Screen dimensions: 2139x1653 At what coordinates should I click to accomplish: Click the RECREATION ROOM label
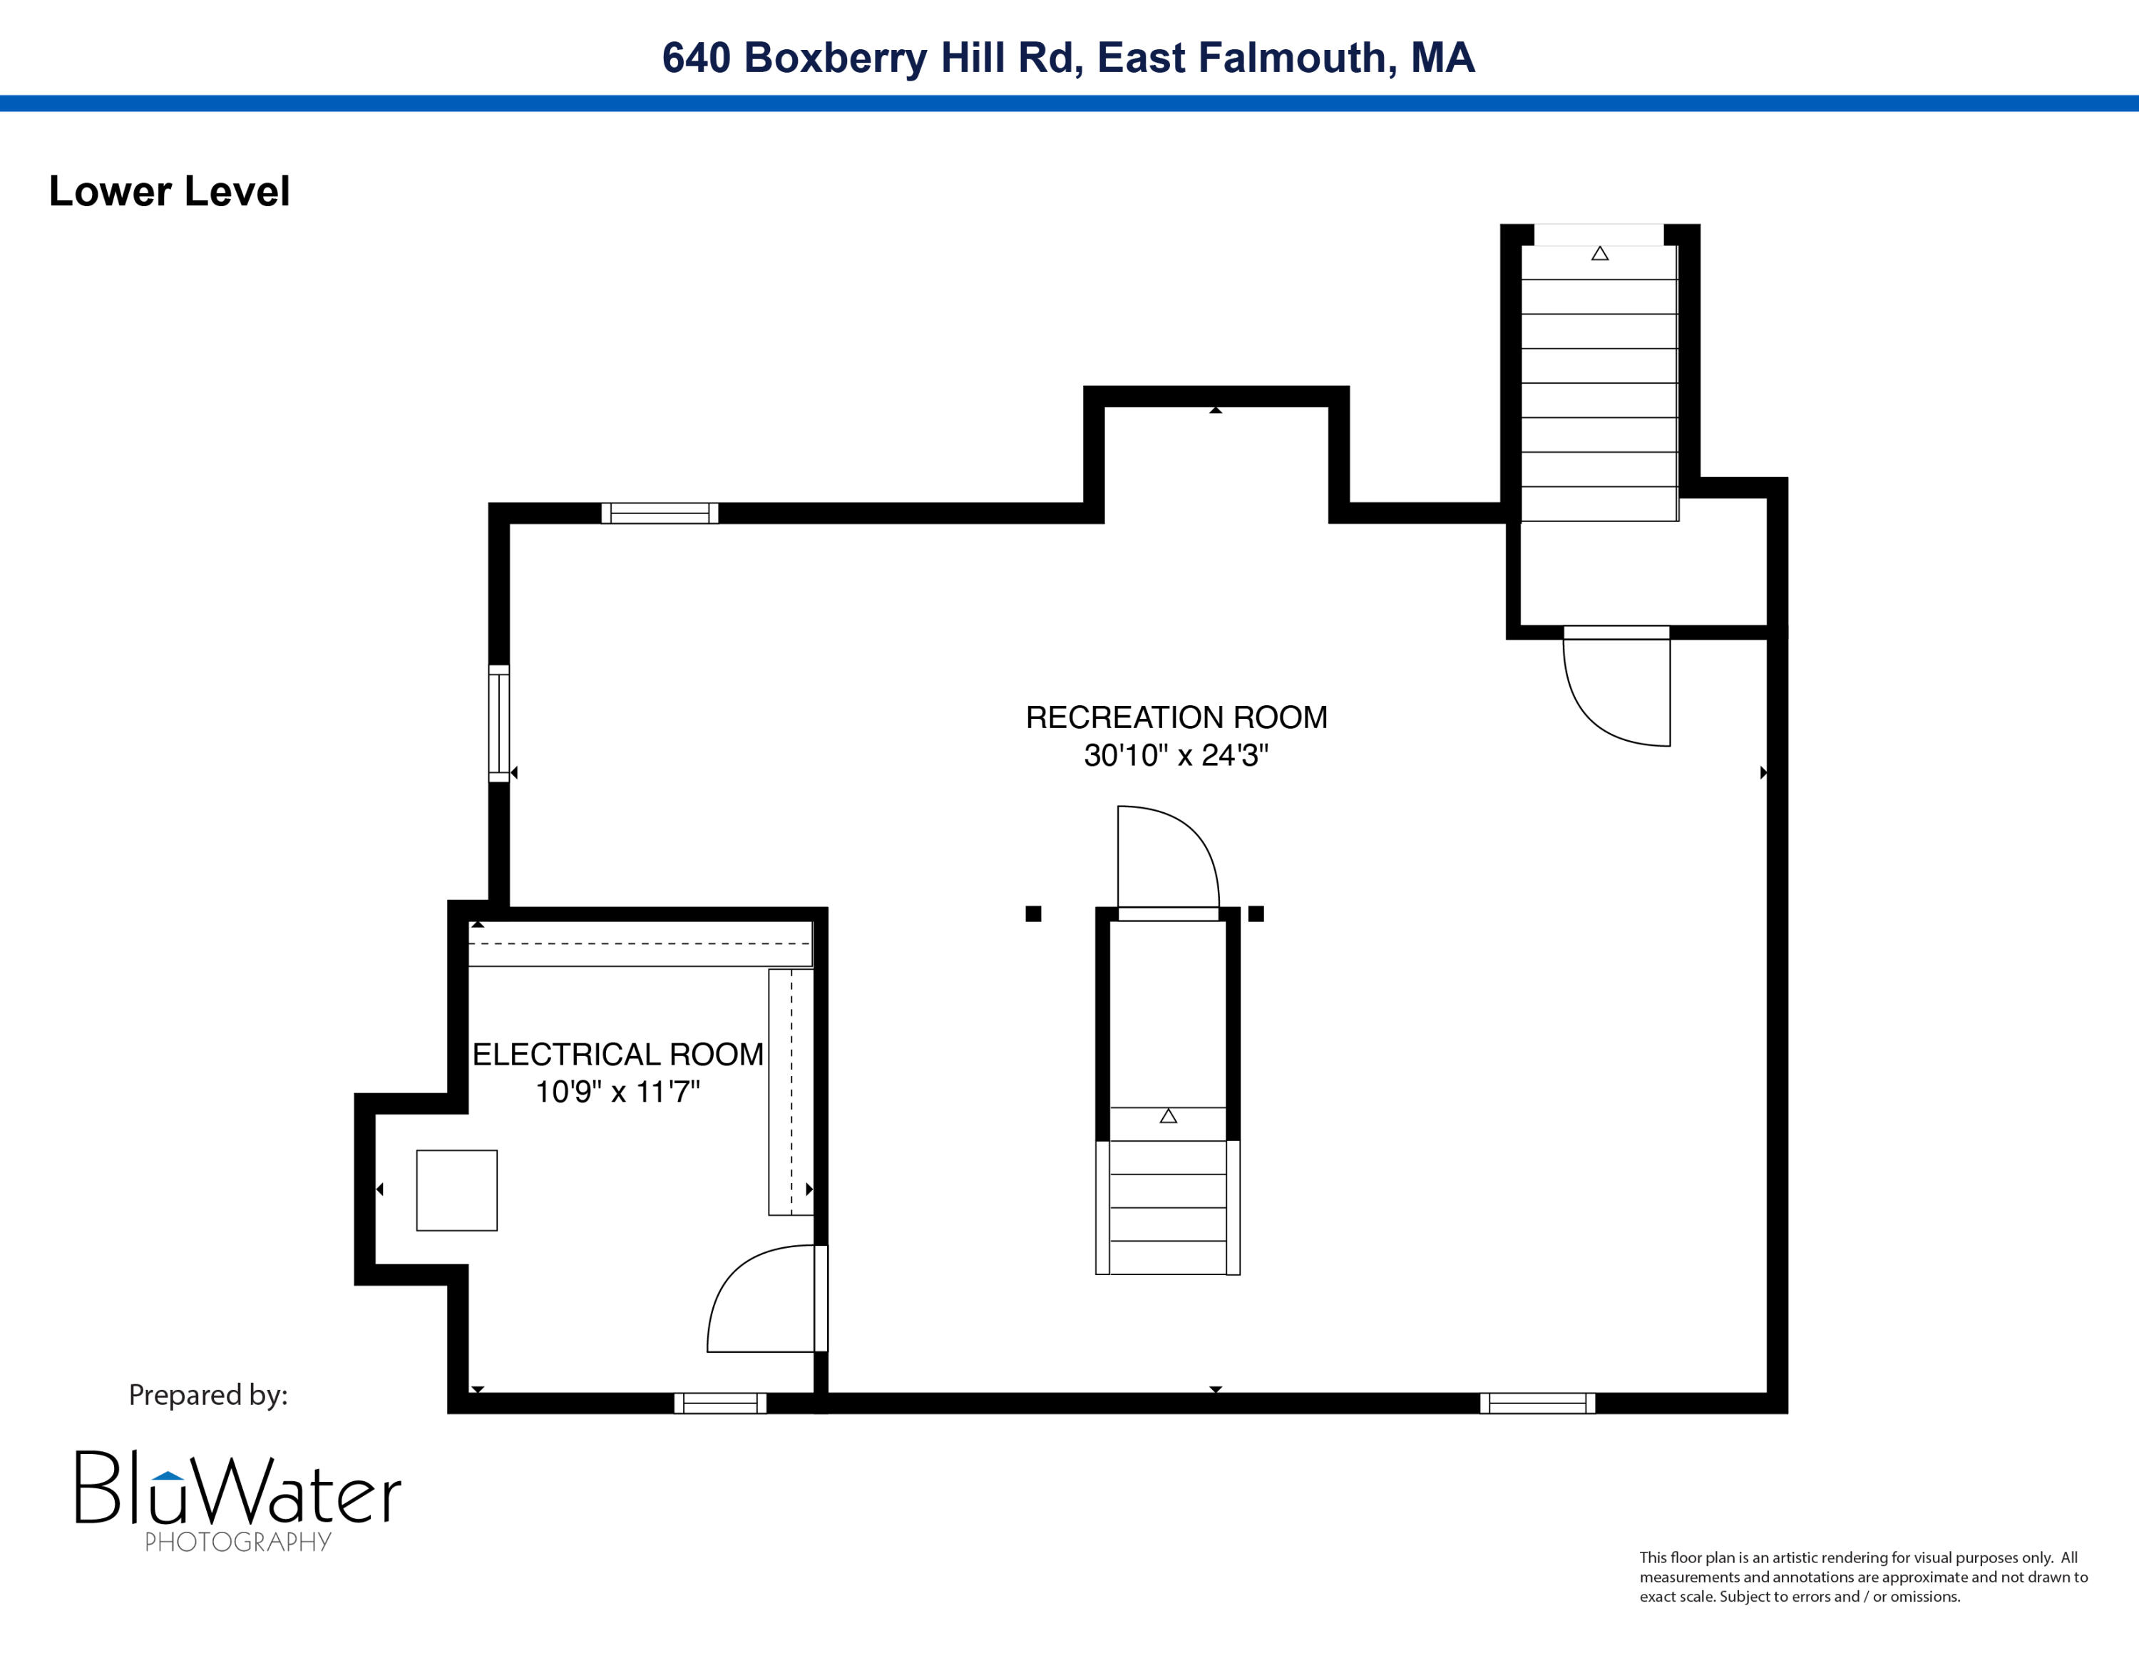[x=1176, y=718]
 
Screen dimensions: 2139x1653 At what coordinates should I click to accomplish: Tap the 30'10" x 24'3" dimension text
[x=1176, y=755]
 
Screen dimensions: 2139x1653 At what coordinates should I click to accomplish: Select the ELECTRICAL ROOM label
[x=618, y=1055]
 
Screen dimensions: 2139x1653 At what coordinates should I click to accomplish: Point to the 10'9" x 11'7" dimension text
[x=618, y=1092]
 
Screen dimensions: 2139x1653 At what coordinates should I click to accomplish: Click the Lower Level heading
[x=170, y=191]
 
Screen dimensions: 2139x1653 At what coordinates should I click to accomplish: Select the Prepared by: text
[x=209, y=1394]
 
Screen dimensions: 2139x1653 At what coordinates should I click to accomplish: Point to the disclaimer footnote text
[x=1864, y=1577]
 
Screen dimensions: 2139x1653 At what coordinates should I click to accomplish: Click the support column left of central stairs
[x=1033, y=913]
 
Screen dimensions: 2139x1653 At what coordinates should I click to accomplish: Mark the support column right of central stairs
[x=1256, y=913]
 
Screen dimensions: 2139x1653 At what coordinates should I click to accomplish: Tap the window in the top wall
[x=659, y=513]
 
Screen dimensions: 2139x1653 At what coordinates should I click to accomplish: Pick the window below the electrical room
[x=721, y=1403]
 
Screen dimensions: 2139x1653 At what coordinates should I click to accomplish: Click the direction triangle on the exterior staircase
[x=1599, y=254]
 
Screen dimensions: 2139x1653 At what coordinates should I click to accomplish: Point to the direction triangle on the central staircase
[x=1169, y=1115]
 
